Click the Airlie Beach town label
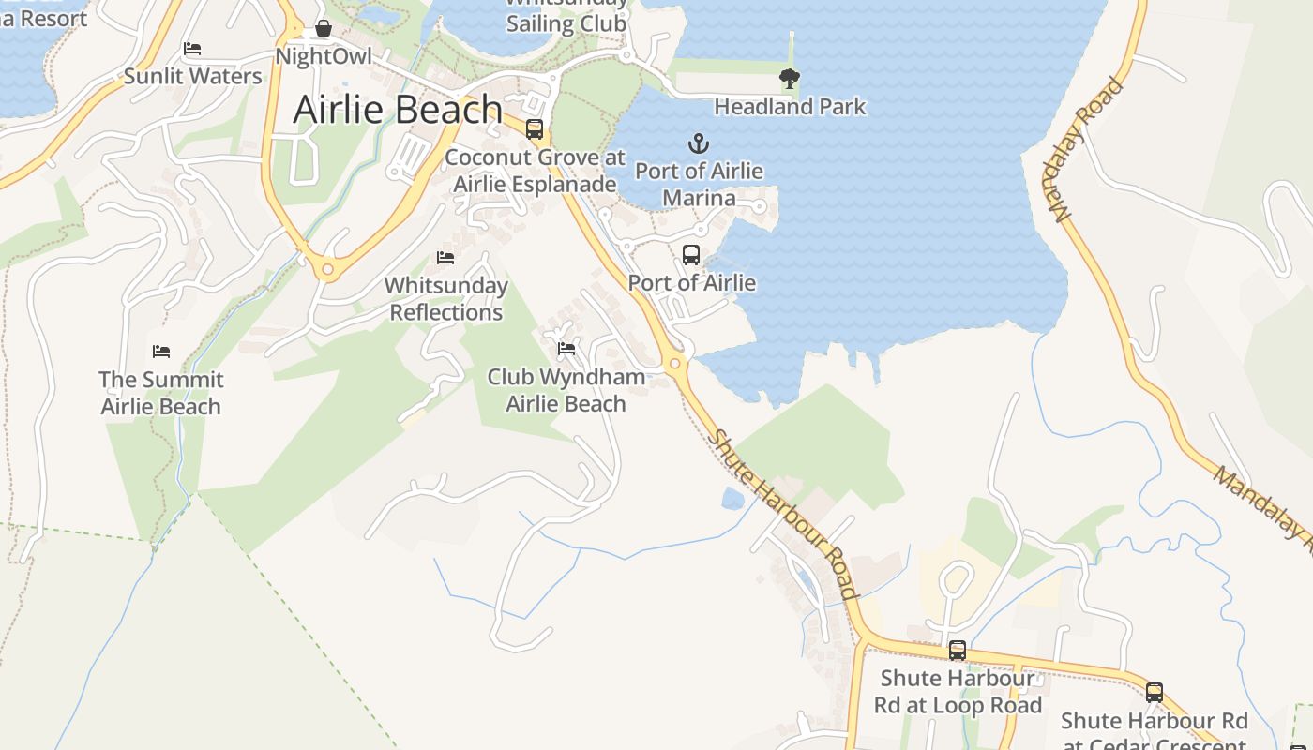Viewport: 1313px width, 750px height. coord(398,110)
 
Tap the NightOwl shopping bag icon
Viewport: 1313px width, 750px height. coord(324,29)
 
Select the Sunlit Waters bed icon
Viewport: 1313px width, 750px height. coord(192,49)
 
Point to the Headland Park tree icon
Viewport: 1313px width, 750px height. coord(790,79)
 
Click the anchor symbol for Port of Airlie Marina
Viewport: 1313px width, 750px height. coord(699,143)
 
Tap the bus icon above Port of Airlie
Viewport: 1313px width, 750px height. coord(691,254)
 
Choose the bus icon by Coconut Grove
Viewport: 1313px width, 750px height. coord(535,129)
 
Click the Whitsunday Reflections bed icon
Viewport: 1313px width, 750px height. coord(445,257)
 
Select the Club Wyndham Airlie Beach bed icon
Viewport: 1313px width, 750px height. coord(566,349)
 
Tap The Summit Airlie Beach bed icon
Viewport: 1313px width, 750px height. coord(161,352)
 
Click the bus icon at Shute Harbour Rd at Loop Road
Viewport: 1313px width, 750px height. coord(958,650)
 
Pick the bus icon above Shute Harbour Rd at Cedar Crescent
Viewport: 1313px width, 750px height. coord(1155,693)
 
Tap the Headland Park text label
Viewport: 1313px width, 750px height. coord(790,107)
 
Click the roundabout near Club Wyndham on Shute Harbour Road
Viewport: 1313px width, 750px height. coord(674,364)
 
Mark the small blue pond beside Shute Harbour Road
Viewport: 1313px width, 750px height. coord(732,498)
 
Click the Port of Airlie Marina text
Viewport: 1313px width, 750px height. coord(699,185)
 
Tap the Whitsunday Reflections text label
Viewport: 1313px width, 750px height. coord(446,299)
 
